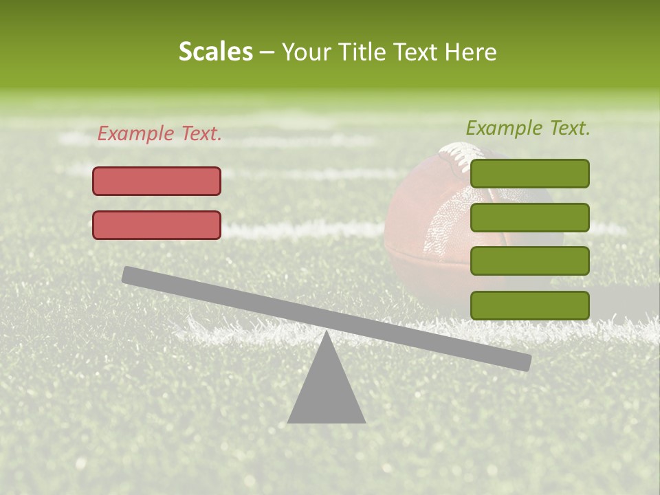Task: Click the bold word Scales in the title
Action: (x=215, y=52)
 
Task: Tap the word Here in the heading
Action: (x=470, y=52)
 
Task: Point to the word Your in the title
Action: (x=306, y=52)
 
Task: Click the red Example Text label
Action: (x=159, y=134)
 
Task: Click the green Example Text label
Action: (x=528, y=128)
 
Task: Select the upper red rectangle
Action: (x=157, y=181)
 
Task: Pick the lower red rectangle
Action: (x=157, y=225)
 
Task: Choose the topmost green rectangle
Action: (x=529, y=173)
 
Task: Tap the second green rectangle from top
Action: (x=529, y=217)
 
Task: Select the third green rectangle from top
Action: (x=529, y=261)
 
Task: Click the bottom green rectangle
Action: (x=529, y=305)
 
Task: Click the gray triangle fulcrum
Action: (x=327, y=392)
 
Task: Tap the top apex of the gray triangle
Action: (x=327, y=334)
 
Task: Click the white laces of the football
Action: (x=456, y=155)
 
